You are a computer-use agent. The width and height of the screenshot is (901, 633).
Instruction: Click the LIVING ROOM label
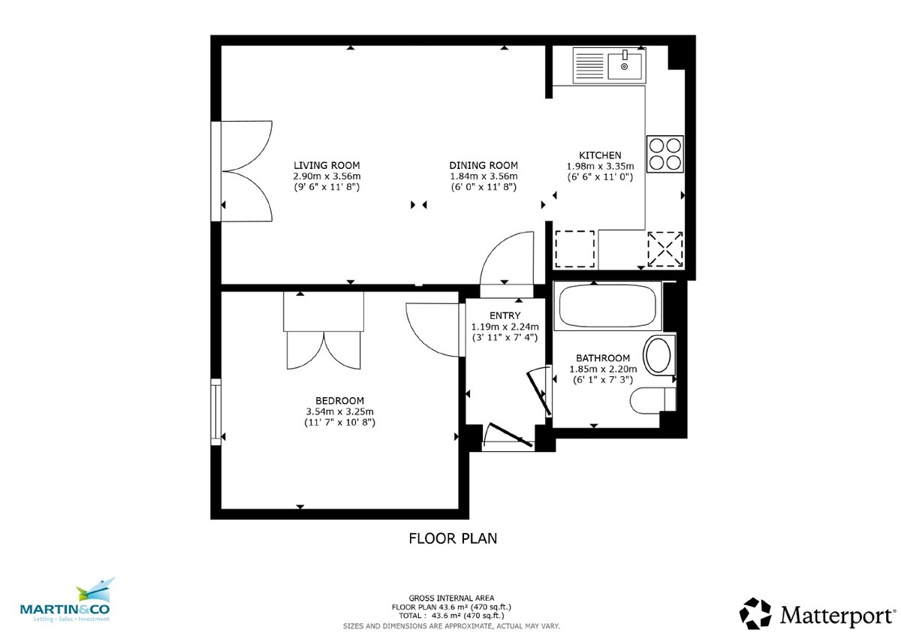click(x=327, y=165)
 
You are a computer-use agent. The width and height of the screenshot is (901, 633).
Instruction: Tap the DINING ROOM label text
click(x=484, y=165)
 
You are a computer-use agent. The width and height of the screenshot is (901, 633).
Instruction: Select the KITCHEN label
click(x=600, y=155)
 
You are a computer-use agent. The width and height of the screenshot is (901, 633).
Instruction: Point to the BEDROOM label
click(x=340, y=400)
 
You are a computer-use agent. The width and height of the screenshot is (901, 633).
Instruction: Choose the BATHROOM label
click(x=606, y=358)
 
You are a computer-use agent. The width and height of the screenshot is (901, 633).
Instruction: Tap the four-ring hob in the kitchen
click(x=665, y=154)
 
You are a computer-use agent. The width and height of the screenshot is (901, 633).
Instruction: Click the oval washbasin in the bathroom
click(x=660, y=355)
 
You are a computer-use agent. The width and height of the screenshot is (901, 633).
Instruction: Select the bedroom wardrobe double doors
click(x=324, y=349)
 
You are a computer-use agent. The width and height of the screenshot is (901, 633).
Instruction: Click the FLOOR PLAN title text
click(x=453, y=538)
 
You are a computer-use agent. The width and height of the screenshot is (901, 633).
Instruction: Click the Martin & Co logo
click(x=65, y=601)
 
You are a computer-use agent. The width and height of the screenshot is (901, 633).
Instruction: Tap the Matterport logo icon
click(x=755, y=613)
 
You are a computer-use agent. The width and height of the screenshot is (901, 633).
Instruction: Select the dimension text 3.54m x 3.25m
click(x=340, y=411)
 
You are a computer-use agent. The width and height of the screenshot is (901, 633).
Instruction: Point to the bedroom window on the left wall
click(x=217, y=411)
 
